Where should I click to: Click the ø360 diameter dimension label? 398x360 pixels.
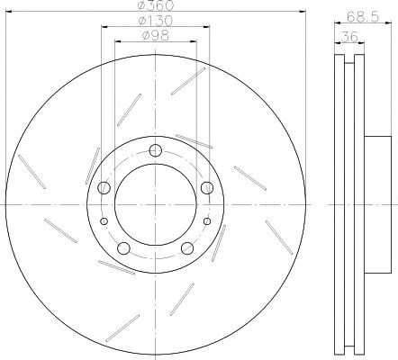pyautogui.click(x=156, y=5)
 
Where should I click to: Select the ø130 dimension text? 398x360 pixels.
pyautogui.click(x=155, y=21)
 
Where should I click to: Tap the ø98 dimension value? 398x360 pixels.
pyautogui.click(x=155, y=36)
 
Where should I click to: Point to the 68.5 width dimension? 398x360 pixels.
pyautogui.click(x=363, y=16)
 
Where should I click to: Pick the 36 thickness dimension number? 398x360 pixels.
pyautogui.click(x=349, y=37)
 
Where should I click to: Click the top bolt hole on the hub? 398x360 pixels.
pyautogui.click(x=156, y=150)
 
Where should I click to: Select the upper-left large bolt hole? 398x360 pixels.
pyautogui.click(x=104, y=187)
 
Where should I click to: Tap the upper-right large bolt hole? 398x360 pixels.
pyautogui.click(x=207, y=187)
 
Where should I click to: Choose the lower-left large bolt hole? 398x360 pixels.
pyautogui.click(x=123, y=248)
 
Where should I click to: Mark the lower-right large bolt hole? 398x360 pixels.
pyautogui.click(x=187, y=248)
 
